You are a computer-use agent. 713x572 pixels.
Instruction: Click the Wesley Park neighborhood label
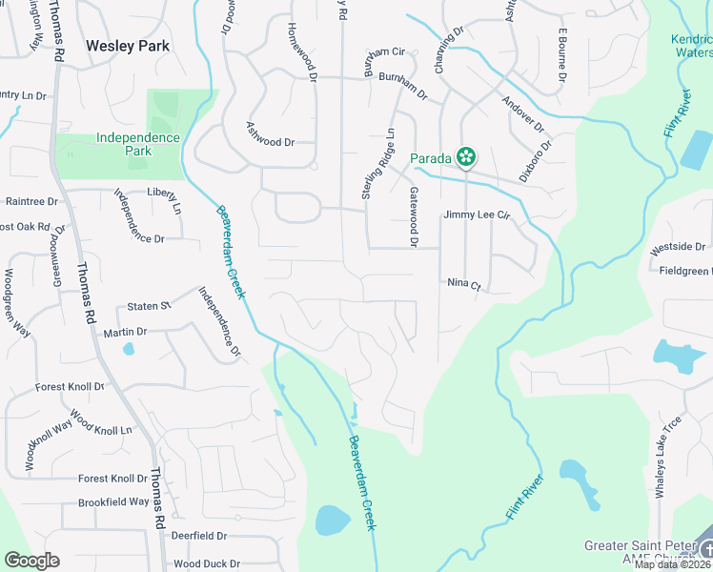click(x=128, y=45)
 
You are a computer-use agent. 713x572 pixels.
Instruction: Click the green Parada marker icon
click(x=465, y=157)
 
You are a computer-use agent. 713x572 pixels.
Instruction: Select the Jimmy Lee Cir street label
click(x=477, y=216)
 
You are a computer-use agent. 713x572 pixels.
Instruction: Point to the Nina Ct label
click(x=464, y=283)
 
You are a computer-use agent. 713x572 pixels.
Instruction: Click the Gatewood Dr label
click(x=414, y=218)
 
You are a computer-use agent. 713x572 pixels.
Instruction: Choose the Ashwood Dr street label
click(x=270, y=141)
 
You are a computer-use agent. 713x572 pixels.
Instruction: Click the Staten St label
click(x=148, y=306)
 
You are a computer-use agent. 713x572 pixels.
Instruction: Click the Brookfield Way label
click(x=113, y=501)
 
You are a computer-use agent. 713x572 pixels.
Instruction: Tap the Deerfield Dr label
click(x=198, y=537)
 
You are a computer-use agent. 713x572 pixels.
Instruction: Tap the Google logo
click(x=32, y=561)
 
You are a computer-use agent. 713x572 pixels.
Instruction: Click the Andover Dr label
click(x=522, y=113)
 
